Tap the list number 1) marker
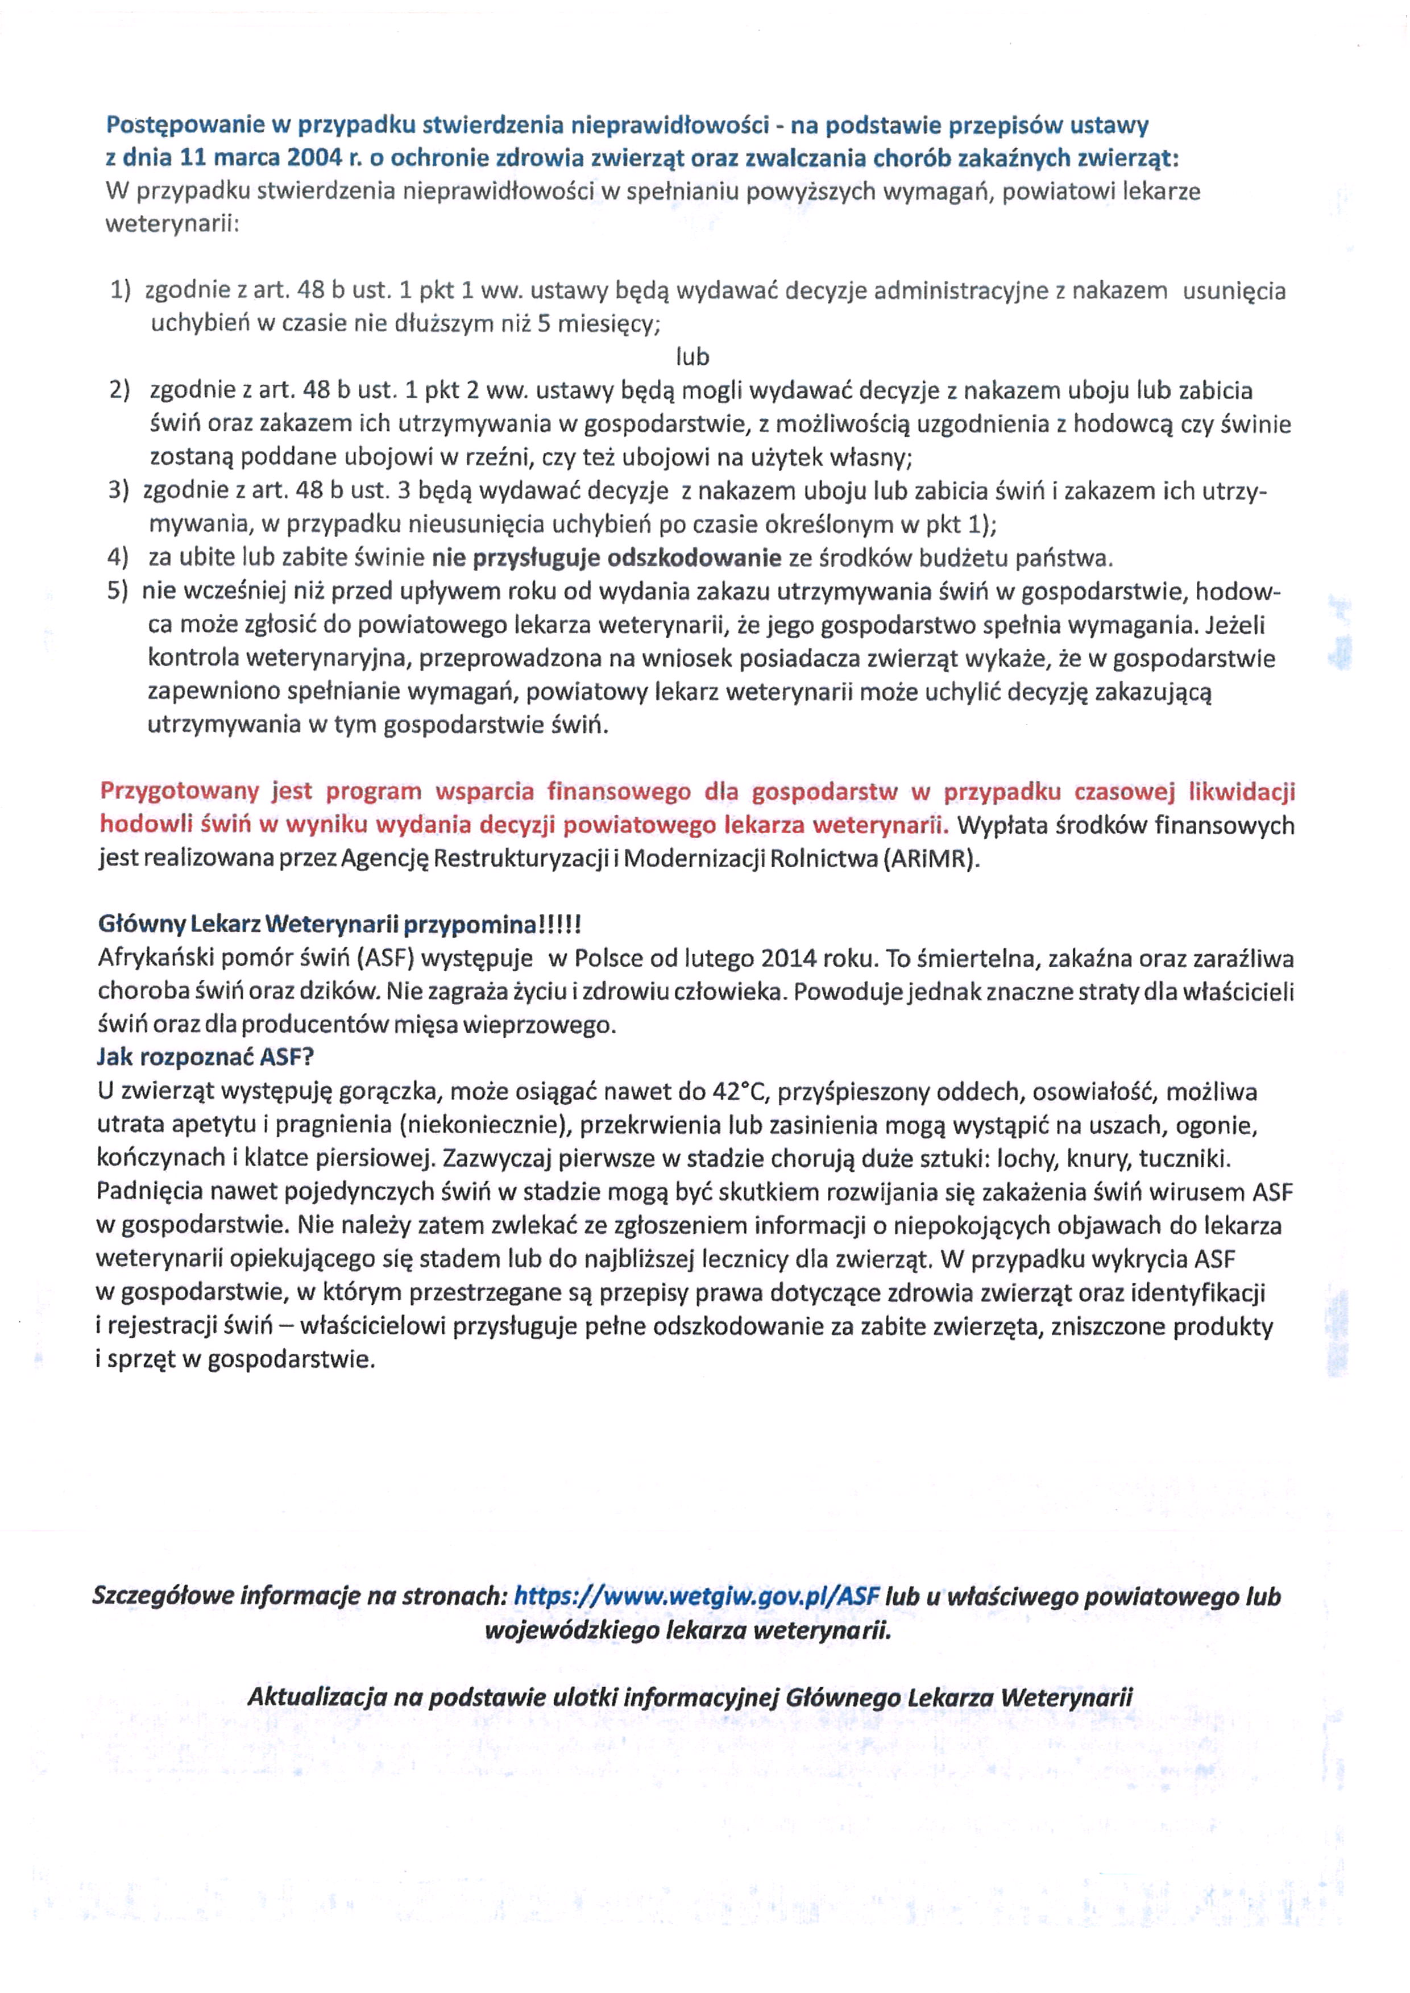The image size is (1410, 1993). (120, 291)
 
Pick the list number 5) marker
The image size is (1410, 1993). (118, 591)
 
